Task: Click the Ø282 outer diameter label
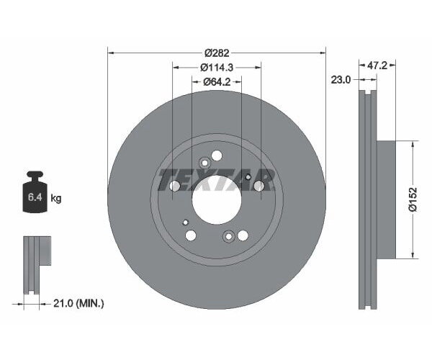[x=217, y=53]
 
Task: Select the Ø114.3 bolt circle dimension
[x=217, y=67]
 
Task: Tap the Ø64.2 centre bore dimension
[x=217, y=81]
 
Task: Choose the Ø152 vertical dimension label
[x=413, y=199]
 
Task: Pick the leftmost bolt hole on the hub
[x=174, y=186]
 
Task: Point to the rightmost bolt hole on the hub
[x=259, y=186]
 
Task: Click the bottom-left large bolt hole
[x=191, y=235]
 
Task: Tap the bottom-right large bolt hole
[x=243, y=235]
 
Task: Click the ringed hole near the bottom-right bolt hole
[x=229, y=235]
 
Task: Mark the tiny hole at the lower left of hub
[x=186, y=222]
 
